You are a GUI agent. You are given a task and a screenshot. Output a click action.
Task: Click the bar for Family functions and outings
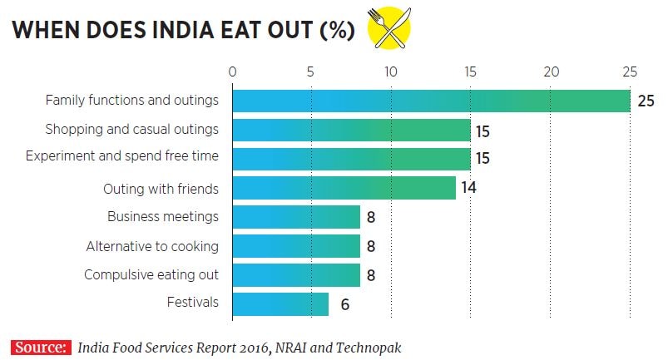[x=431, y=101]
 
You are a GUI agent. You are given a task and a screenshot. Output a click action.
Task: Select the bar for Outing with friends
[x=344, y=188]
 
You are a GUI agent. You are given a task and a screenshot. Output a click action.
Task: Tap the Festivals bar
[x=280, y=303]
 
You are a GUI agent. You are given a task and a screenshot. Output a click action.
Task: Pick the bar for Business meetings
[x=296, y=217]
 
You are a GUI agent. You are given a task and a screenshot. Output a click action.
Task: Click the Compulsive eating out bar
[x=296, y=274]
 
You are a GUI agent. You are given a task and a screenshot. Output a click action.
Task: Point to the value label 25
[x=646, y=101]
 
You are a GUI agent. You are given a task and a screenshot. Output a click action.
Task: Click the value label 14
[x=468, y=188]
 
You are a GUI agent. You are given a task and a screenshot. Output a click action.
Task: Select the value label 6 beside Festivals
[x=344, y=304]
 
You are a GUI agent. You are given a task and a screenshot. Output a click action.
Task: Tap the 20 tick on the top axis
[x=551, y=72]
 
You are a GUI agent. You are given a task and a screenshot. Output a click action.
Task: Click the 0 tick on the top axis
[x=233, y=72]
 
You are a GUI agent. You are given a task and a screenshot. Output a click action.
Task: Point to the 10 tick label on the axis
[x=391, y=72]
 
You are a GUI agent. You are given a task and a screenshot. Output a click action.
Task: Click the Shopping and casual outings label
[x=131, y=130]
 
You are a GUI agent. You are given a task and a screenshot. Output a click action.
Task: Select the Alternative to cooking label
[x=152, y=246]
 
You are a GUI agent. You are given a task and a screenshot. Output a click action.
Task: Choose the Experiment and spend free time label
[x=122, y=155]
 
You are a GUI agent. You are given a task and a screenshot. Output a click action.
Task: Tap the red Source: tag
[x=40, y=347]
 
